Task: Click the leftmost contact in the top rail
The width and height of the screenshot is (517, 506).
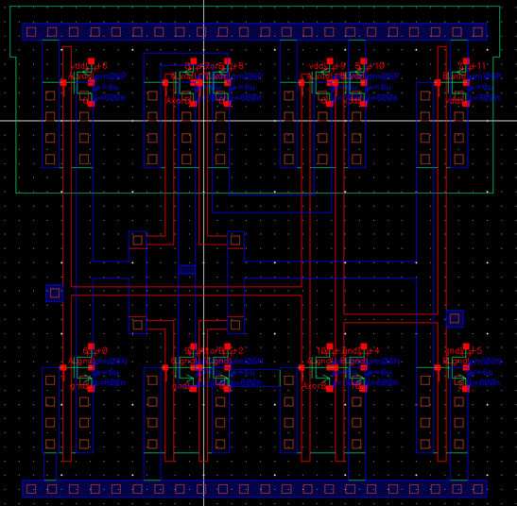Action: pos(30,32)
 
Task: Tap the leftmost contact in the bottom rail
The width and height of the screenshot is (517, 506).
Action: pos(30,488)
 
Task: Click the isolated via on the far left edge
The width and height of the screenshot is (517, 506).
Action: pos(54,294)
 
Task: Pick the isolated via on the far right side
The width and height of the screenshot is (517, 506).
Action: pos(456,317)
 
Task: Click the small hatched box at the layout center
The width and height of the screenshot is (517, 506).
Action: pos(186,270)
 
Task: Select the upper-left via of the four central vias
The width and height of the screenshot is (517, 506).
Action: pos(137,240)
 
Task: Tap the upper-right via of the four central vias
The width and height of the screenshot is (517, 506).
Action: pos(234,240)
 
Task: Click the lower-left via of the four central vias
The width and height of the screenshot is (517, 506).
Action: pos(137,325)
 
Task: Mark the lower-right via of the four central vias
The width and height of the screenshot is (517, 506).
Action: pos(234,325)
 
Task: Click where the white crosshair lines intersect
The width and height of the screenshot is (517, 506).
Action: pos(203,121)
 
